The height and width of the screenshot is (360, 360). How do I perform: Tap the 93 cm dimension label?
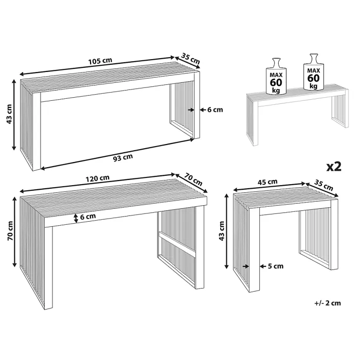123,157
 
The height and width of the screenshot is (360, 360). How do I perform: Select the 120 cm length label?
98,178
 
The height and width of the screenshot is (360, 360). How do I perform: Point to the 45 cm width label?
267,182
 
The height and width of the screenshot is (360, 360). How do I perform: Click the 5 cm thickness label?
276,266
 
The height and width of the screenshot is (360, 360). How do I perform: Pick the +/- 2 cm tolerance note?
328,303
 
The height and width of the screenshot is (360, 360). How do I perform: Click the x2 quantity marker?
334,167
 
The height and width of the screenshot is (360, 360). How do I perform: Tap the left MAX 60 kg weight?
276,76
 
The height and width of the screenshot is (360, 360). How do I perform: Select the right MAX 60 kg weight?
314,72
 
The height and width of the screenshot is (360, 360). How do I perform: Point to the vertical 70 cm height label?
10,231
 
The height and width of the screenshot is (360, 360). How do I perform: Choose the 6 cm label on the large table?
88,217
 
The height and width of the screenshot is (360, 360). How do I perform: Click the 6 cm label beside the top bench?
215,110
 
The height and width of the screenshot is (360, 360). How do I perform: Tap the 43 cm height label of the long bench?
9,114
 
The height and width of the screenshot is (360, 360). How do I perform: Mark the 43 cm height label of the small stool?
222,231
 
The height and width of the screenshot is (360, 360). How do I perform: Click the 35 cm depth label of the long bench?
191,59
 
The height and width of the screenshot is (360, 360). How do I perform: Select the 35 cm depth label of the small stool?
323,185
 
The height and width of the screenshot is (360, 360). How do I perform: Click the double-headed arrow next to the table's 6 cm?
76,218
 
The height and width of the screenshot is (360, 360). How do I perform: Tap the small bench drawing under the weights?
297,114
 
